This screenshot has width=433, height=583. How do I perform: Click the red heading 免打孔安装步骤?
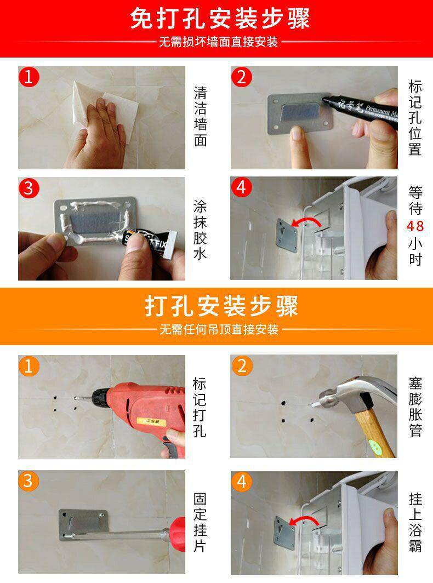point(220,18)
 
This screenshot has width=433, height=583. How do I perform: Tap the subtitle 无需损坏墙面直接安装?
point(219,42)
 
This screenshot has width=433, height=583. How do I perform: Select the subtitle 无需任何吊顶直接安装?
point(219,329)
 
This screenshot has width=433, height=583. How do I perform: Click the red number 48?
point(415,226)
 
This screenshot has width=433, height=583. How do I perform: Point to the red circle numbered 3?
point(29,188)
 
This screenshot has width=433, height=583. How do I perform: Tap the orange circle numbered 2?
point(242,366)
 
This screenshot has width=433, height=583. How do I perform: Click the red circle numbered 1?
point(29,77)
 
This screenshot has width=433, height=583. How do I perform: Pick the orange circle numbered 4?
point(242,482)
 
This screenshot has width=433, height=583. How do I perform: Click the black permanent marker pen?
point(360,110)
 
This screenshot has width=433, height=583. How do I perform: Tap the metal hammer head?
point(348,395)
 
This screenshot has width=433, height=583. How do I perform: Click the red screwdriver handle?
point(177,534)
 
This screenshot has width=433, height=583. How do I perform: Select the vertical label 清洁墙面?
point(200,116)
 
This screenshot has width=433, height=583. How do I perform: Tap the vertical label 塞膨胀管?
point(415,407)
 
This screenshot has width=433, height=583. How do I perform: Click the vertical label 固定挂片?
point(200,522)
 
